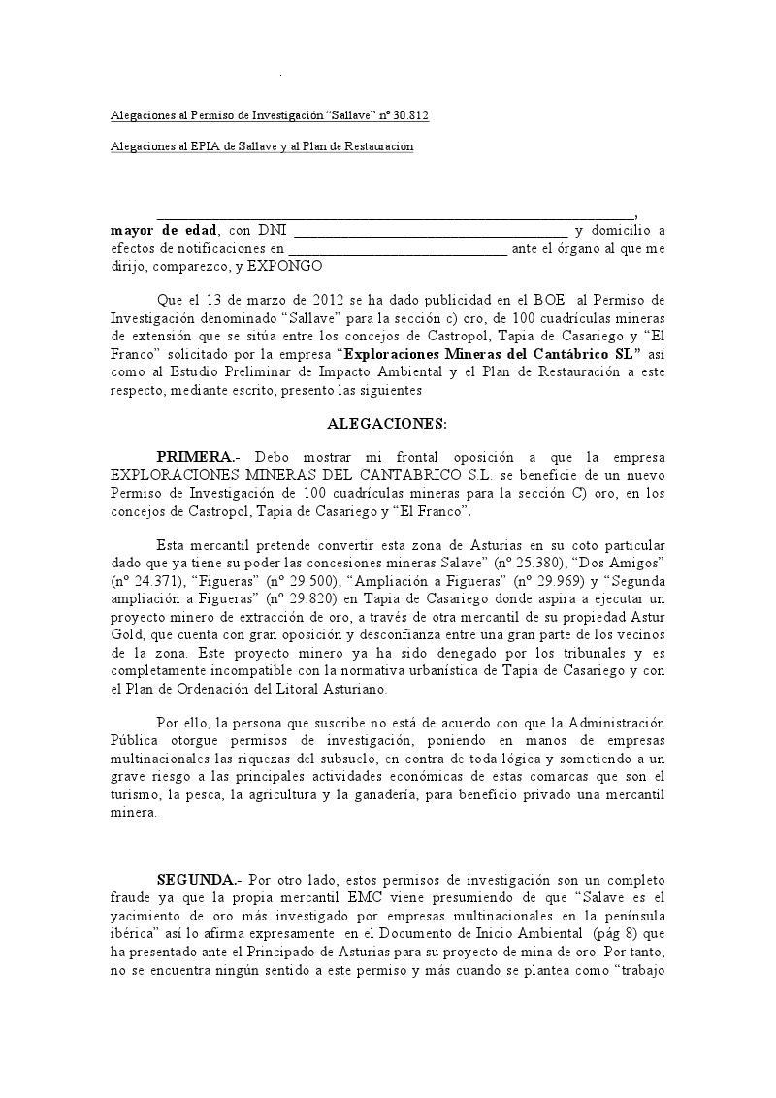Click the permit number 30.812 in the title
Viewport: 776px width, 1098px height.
411,116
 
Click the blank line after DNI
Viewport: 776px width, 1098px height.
430,231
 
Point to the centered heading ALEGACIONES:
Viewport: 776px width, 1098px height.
387,423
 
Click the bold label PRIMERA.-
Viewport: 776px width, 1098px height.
198,457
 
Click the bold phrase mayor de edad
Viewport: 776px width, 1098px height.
164,231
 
